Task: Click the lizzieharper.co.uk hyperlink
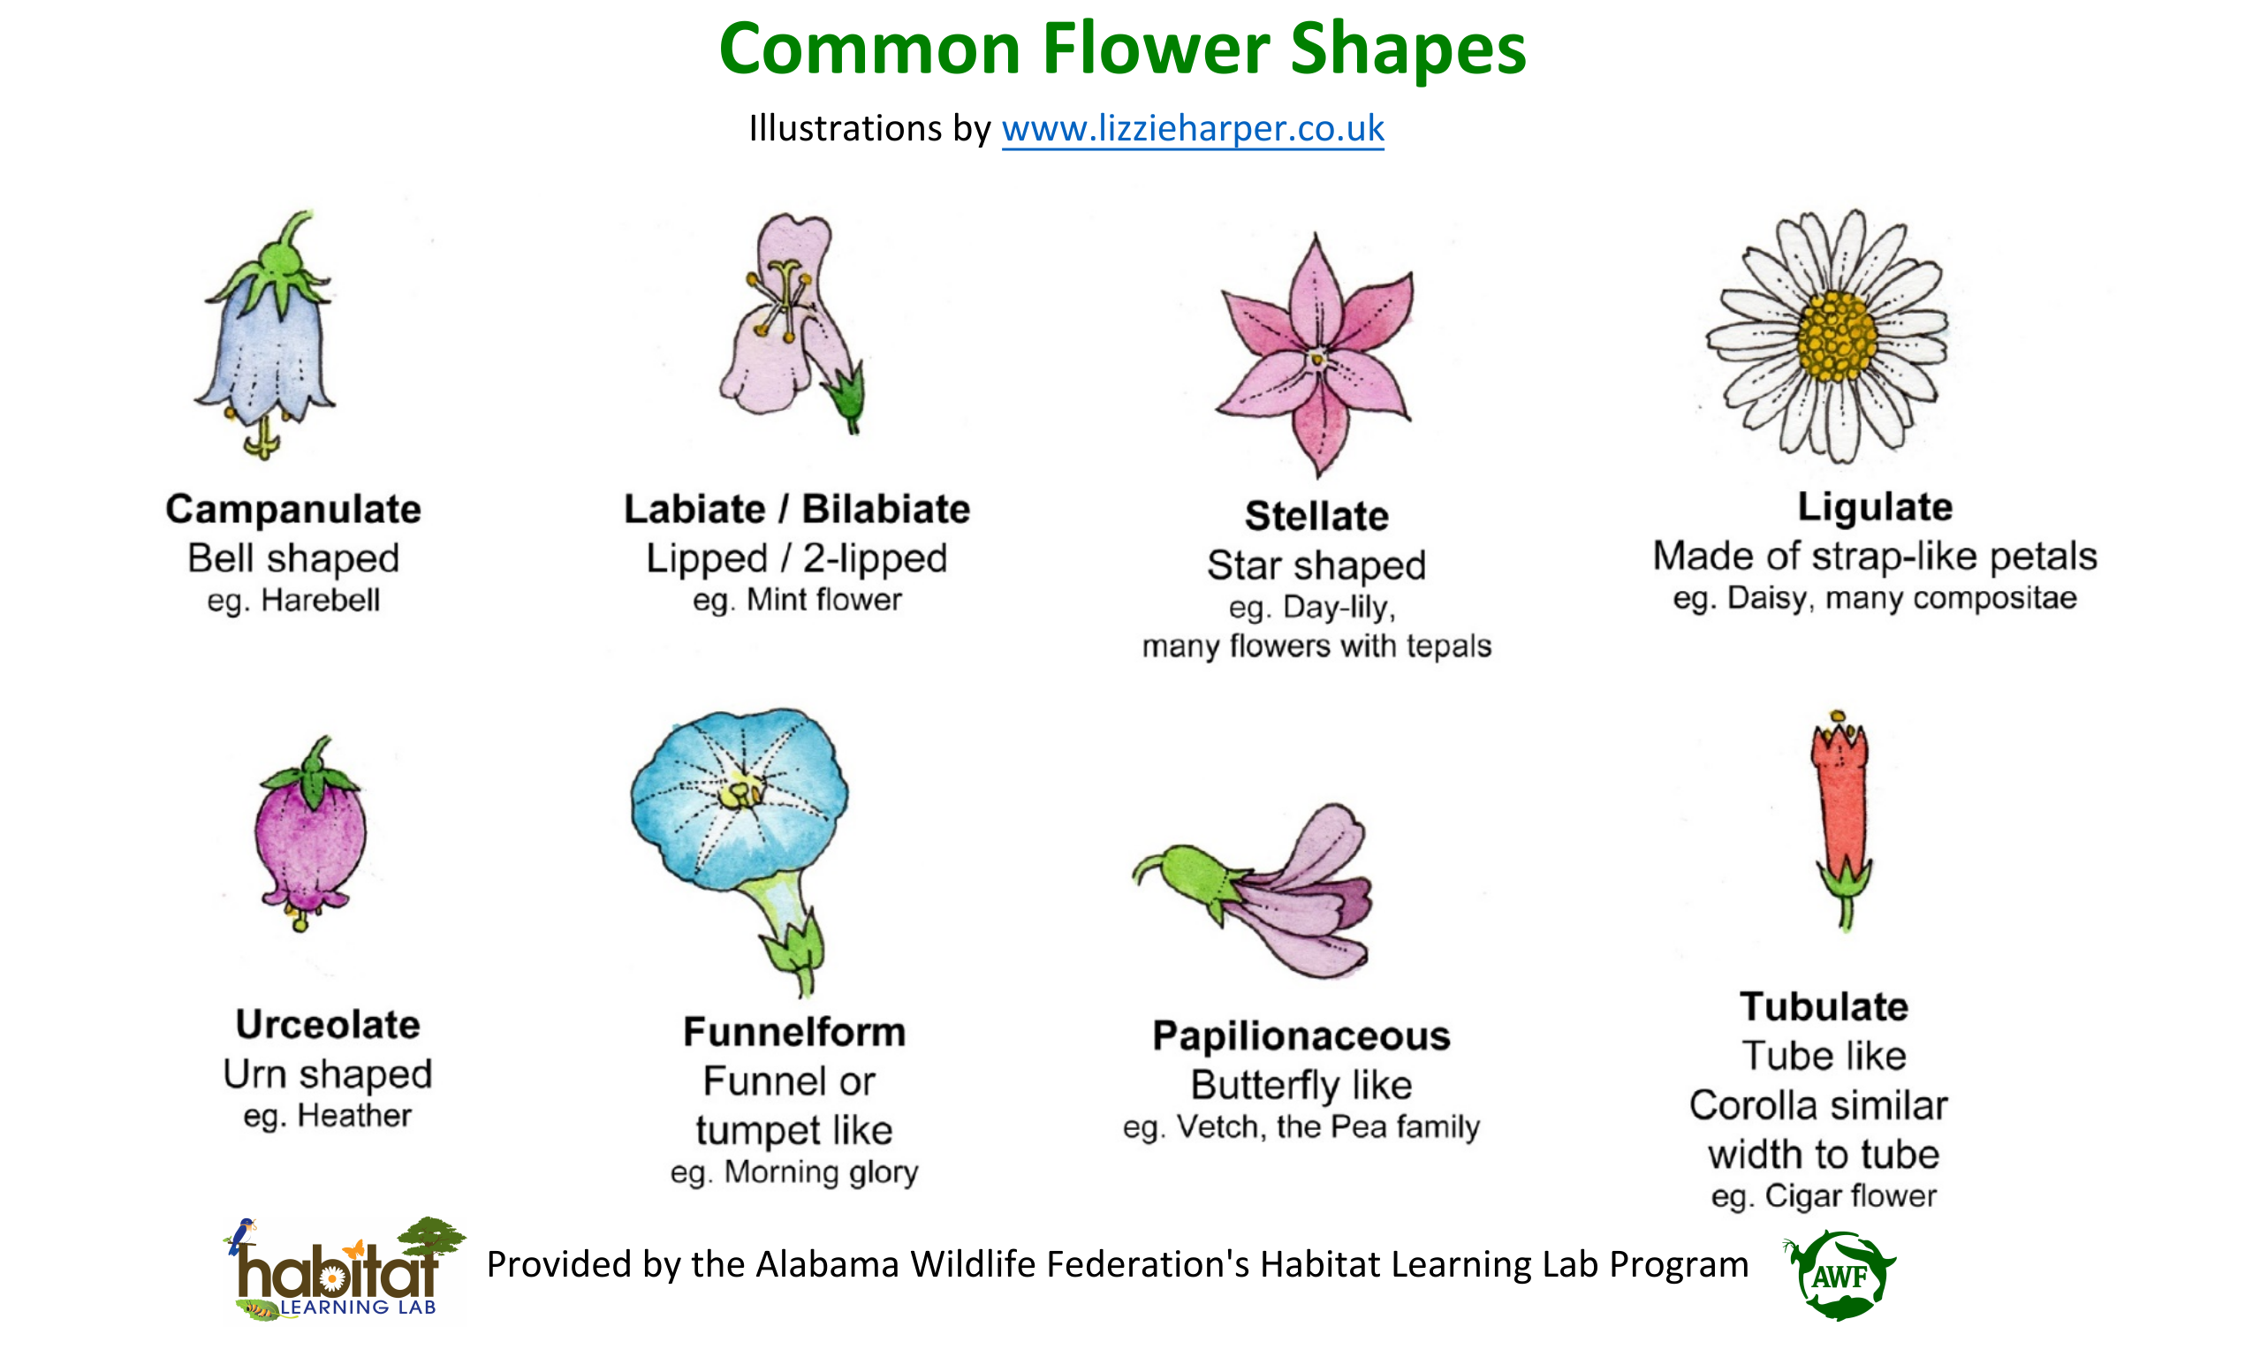(x=1193, y=129)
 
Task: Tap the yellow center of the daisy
(x=1837, y=337)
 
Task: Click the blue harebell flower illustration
(x=266, y=335)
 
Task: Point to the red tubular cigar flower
(x=1841, y=819)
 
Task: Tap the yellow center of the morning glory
(x=741, y=792)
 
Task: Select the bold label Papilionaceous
(x=1301, y=1037)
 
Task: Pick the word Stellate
(x=1316, y=516)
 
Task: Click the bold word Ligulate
(x=1876, y=507)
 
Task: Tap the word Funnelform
(x=794, y=1032)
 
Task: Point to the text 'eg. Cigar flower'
(x=1824, y=1196)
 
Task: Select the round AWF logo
(x=1839, y=1275)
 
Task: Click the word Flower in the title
(x=1156, y=49)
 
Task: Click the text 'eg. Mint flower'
(x=797, y=600)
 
